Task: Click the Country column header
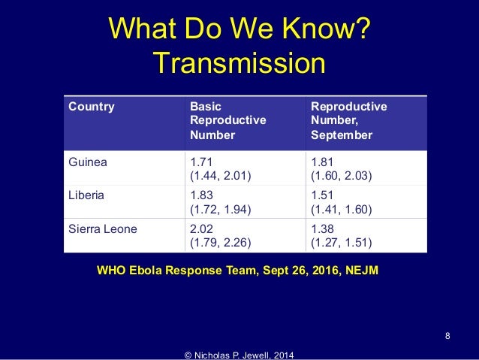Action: coord(92,107)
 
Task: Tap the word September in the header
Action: coord(341,136)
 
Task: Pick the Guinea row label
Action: coord(87,161)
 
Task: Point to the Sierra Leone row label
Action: coord(103,229)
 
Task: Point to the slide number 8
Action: coord(447,335)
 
